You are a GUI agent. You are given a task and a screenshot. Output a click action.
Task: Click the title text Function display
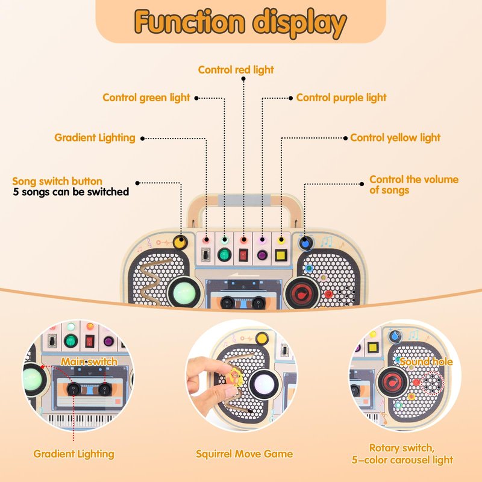240,23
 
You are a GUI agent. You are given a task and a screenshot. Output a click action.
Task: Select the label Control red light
236,70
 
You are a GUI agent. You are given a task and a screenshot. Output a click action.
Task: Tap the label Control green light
146,98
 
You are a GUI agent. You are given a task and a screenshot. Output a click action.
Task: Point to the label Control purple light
341,98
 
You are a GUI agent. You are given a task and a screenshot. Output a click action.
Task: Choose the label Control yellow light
395,138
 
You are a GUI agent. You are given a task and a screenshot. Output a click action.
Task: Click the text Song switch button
57,181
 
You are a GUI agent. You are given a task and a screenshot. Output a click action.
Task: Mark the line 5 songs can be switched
71,192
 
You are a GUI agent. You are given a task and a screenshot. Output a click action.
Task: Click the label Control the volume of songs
413,185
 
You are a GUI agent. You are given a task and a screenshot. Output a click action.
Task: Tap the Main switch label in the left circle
89,361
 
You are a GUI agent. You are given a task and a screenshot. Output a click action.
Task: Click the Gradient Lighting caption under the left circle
74,454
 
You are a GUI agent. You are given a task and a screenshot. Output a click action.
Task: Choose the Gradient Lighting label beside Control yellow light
95,138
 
